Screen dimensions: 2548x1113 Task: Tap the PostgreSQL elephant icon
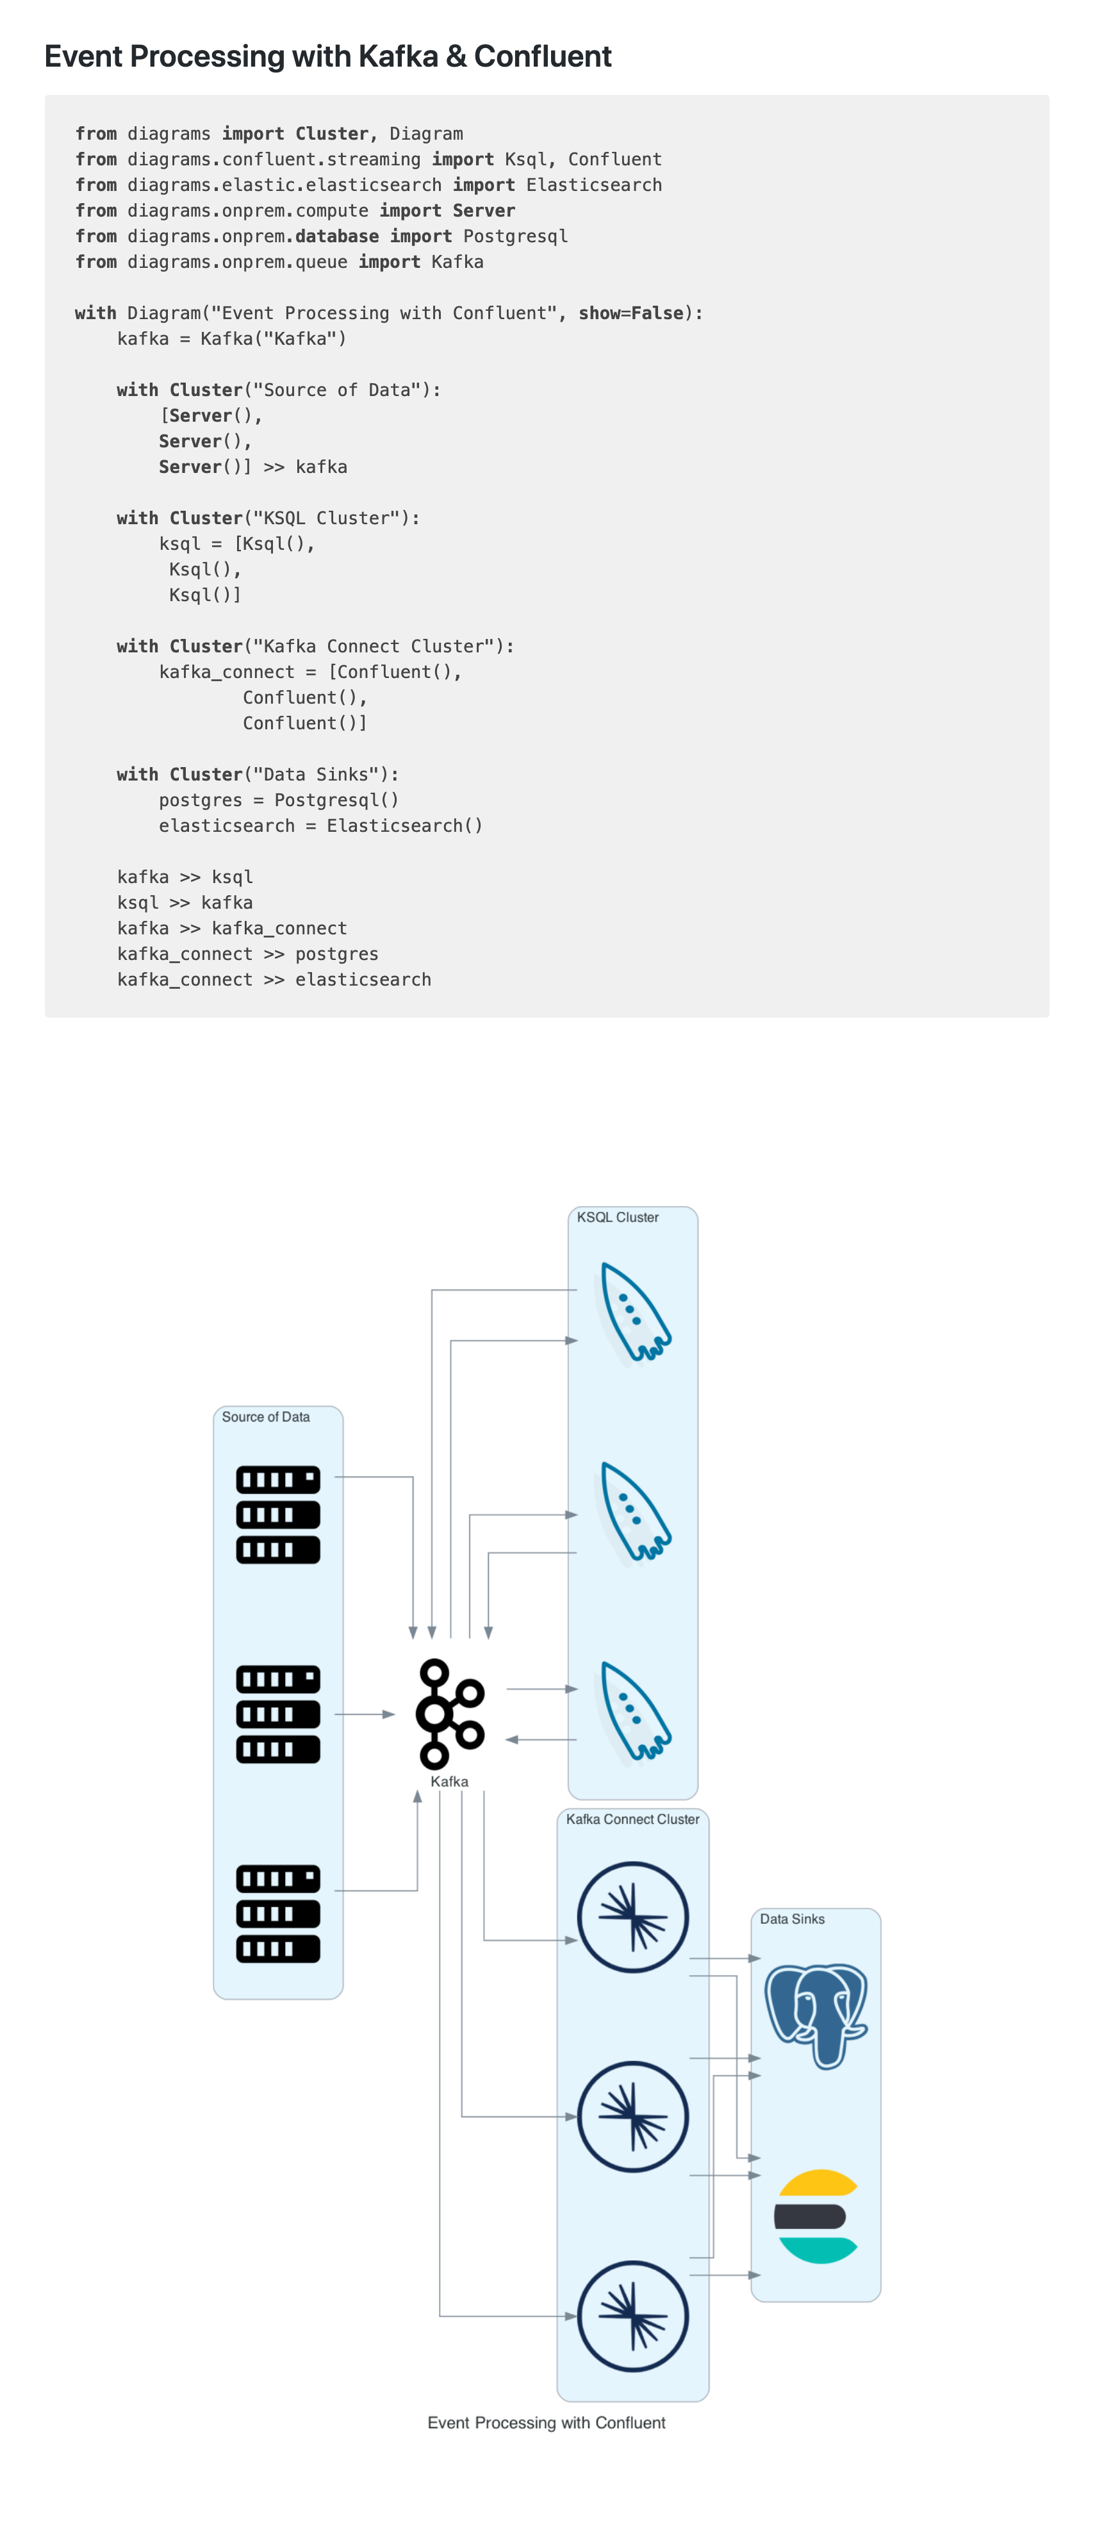[x=816, y=2014]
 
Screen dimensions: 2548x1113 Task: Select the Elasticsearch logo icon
[x=816, y=2215]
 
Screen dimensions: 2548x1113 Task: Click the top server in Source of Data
[x=278, y=1514]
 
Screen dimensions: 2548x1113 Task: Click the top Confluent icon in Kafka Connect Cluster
[x=632, y=1916]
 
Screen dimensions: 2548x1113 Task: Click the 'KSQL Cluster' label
[x=617, y=1216]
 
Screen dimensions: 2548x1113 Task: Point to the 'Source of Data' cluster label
[x=265, y=1416]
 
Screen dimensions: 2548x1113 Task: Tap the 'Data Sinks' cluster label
[x=791, y=1919]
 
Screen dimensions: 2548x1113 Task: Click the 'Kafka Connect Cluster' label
[x=632, y=1819]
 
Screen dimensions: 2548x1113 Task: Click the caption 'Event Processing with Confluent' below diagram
[x=546, y=2422]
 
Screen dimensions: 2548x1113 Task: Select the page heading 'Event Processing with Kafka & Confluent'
[x=327, y=56]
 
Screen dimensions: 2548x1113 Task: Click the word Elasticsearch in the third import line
[x=593, y=185]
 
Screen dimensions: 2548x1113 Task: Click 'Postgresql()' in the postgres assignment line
[x=336, y=799]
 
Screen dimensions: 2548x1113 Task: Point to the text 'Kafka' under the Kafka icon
[x=449, y=1782]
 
